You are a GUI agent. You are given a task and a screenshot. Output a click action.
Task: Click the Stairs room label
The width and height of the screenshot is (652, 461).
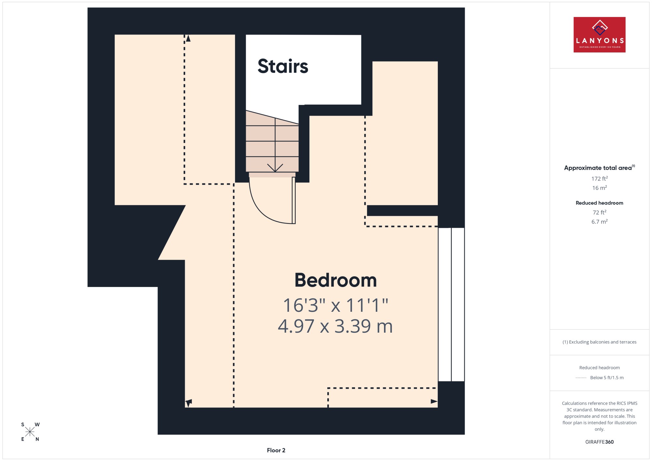pyautogui.click(x=283, y=66)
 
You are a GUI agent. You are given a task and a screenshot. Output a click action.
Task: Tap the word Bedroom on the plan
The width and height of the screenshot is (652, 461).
pyautogui.click(x=335, y=280)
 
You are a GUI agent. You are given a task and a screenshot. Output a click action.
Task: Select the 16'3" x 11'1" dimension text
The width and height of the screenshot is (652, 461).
pyautogui.click(x=335, y=305)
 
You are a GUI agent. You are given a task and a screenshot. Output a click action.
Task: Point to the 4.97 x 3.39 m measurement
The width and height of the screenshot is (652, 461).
pyautogui.click(x=335, y=326)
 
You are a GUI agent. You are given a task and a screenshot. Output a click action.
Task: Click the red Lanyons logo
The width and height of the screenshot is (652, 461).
pyautogui.click(x=600, y=35)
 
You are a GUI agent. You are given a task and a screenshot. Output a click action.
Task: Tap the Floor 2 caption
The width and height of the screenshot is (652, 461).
pyautogui.click(x=276, y=450)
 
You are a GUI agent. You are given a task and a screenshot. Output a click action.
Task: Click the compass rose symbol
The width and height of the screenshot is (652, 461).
pyautogui.click(x=30, y=432)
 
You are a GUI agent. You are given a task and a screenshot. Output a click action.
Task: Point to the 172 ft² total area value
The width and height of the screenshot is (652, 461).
pyautogui.click(x=600, y=179)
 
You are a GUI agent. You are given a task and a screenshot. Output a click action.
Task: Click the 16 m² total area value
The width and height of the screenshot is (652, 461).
pyautogui.click(x=600, y=188)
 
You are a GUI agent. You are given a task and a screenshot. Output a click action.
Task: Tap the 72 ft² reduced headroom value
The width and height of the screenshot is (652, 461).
pyautogui.click(x=600, y=212)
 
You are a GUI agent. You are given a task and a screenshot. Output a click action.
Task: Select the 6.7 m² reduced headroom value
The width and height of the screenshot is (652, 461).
pyautogui.click(x=600, y=222)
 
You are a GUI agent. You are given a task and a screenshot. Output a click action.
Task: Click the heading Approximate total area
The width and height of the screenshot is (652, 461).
pyautogui.click(x=600, y=167)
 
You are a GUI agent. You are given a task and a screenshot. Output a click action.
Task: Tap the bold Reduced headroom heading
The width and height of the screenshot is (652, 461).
pyautogui.click(x=600, y=203)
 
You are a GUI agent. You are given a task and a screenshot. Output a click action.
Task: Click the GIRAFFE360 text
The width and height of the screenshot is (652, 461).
pyautogui.click(x=600, y=442)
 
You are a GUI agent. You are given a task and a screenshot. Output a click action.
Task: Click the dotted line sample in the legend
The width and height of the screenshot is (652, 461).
pyautogui.click(x=581, y=378)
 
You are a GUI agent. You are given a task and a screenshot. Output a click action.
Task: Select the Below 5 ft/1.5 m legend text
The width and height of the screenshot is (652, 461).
pyautogui.click(x=607, y=378)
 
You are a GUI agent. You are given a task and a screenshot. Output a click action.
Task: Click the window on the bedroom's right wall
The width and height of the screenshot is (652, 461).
pyautogui.click(x=451, y=305)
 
